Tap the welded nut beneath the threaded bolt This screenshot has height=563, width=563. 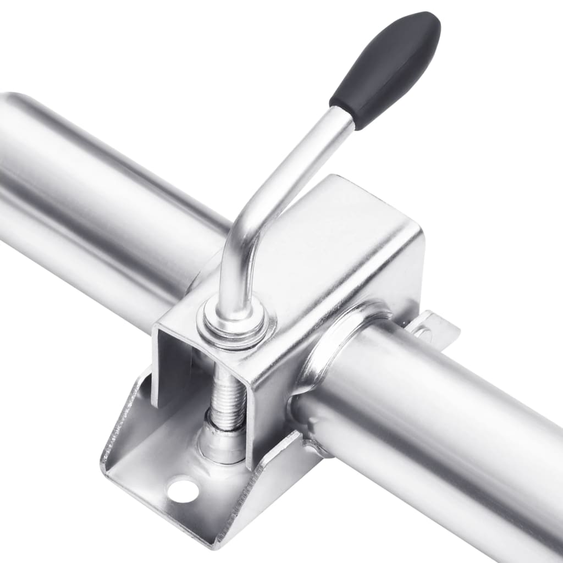222,440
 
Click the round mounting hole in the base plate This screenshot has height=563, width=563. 183,490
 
